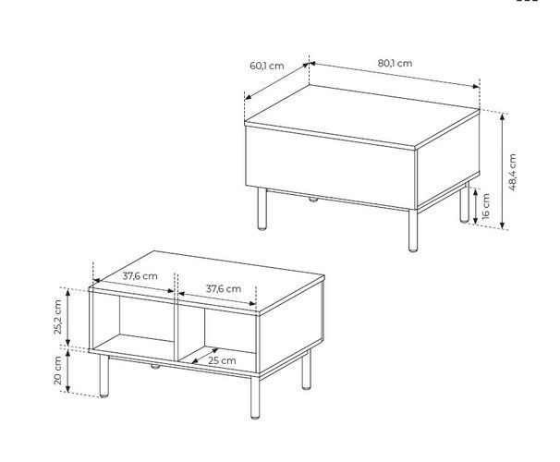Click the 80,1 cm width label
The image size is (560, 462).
(x=395, y=63)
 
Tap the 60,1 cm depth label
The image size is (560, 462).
(x=267, y=66)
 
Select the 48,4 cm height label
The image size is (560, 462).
(x=512, y=172)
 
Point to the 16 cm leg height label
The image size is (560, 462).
(x=485, y=206)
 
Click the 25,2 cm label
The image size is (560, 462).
(x=57, y=317)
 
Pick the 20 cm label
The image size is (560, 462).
(x=57, y=371)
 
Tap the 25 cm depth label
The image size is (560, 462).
(x=222, y=360)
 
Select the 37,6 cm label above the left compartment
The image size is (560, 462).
(x=140, y=276)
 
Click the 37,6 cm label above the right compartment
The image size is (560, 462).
(x=224, y=288)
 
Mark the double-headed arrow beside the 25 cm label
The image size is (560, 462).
(x=204, y=356)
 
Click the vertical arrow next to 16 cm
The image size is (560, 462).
(x=475, y=206)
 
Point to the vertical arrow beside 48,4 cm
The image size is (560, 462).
(x=502, y=171)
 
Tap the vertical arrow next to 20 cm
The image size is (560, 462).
(x=68, y=371)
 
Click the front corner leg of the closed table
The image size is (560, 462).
(x=413, y=231)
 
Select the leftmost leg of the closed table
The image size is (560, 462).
(x=262, y=209)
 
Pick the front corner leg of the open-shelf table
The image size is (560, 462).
(x=255, y=397)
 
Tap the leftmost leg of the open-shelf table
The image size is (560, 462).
(x=103, y=376)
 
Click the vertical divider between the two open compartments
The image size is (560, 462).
(x=176, y=326)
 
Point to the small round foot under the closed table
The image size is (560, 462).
(x=313, y=200)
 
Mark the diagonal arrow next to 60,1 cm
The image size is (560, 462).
(x=277, y=81)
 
